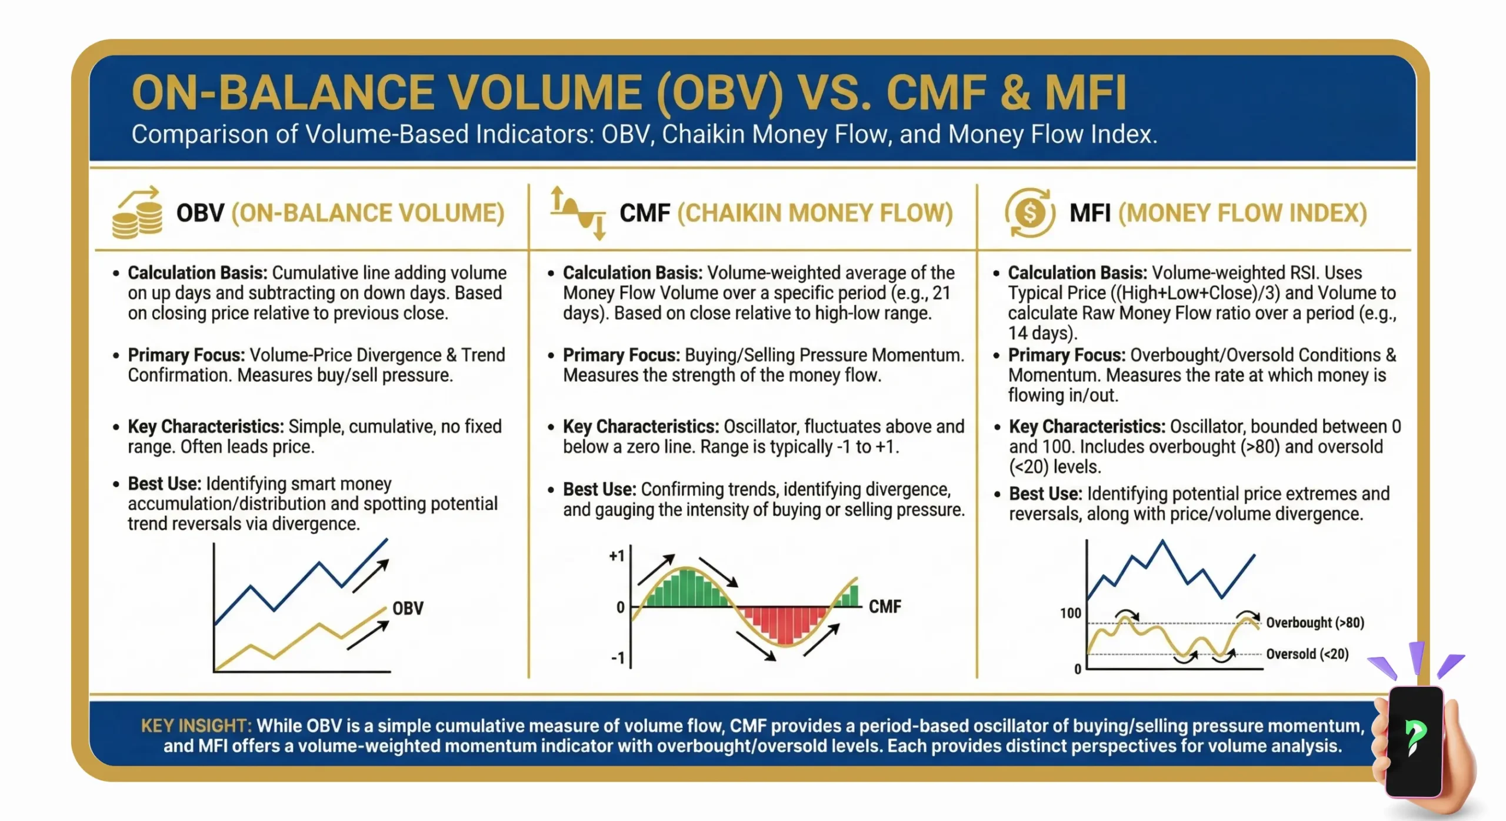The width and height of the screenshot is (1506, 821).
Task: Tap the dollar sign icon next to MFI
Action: click(x=1030, y=213)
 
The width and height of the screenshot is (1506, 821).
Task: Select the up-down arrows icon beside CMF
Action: click(x=578, y=213)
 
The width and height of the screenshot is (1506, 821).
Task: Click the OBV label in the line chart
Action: click(x=408, y=608)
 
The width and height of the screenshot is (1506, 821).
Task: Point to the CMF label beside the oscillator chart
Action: click(x=885, y=606)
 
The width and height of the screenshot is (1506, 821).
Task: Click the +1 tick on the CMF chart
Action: click(x=617, y=556)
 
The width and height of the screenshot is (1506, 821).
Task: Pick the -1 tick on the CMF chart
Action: click(x=618, y=658)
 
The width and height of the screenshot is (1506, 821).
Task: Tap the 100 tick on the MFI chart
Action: click(x=1070, y=613)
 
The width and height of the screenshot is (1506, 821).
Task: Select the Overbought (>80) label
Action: click(x=1315, y=622)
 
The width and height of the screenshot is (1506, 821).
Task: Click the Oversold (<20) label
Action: click(x=1307, y=654)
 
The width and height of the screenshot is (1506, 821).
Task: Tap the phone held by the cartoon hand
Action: click(x=1414, y=741)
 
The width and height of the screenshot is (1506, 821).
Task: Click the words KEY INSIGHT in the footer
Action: click(x=196, y=726)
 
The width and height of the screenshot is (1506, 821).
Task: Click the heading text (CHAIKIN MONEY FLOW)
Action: click(x=815, y=213)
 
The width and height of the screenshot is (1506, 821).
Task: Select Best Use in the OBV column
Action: click(x=164, y=483)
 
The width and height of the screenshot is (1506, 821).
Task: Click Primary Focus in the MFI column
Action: click(x=1066, y=355)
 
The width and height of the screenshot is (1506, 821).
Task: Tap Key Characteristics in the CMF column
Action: click(x=641, y=426)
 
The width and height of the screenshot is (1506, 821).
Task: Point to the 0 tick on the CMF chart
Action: click(x=620, y=607)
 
